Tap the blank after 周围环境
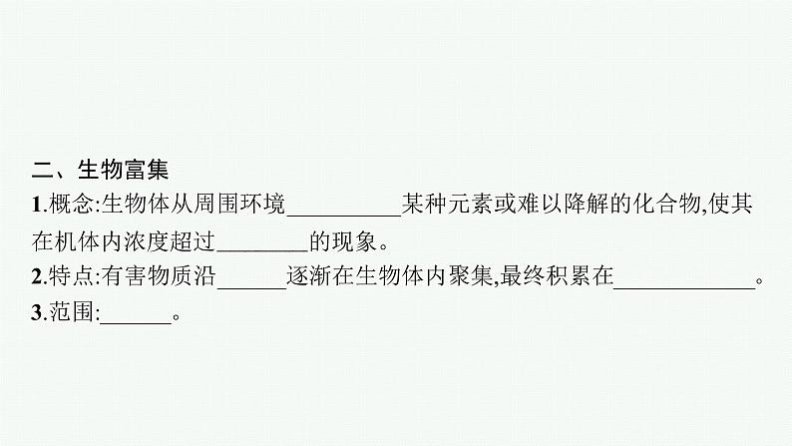tap(342, 208)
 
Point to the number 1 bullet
tap(36, 207)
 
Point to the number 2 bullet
tap(36, 280)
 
